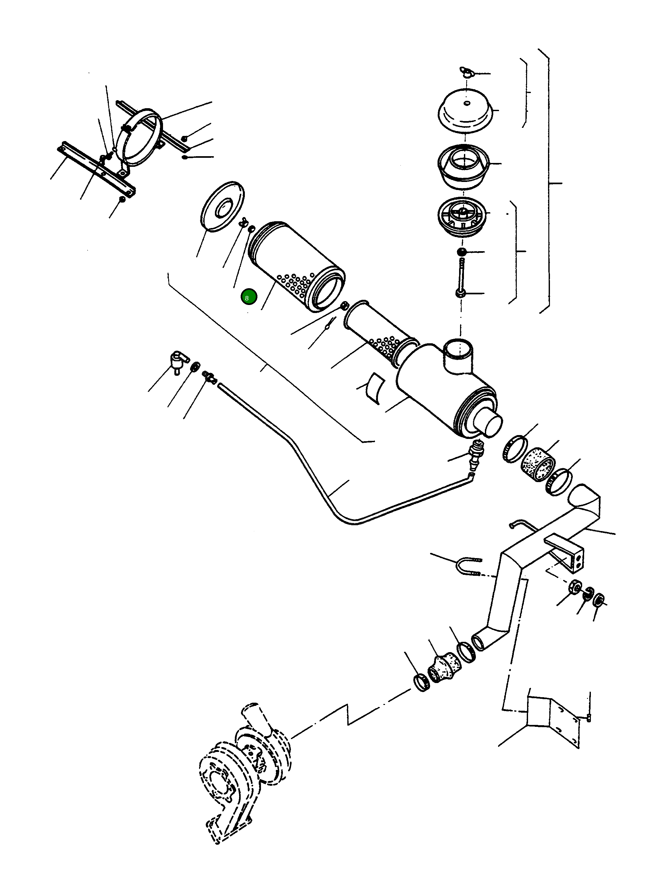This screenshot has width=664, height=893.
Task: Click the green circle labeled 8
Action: [248, 297]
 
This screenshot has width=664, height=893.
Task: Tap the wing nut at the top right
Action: [466, 72]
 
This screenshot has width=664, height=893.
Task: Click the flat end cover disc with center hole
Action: [222, 206]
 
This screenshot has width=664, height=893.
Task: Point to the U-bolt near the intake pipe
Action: [468, 566]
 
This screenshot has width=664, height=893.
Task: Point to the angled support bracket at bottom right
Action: [555, 719]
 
